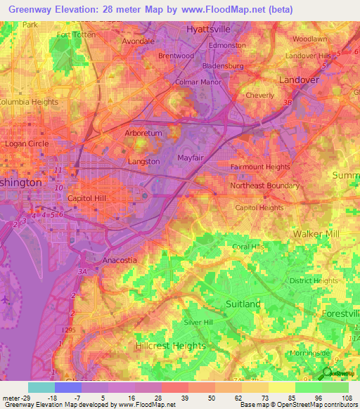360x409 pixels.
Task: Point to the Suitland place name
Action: click(243, 304)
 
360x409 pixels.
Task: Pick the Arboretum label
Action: click(143, 133)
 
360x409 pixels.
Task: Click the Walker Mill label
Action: click(316, 233)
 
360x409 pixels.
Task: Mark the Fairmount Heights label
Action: click(260, 167)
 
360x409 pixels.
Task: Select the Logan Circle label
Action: click(27, 143)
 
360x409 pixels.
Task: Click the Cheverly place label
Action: click(260, 95)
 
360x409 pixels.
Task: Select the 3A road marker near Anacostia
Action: click(82, 271)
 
